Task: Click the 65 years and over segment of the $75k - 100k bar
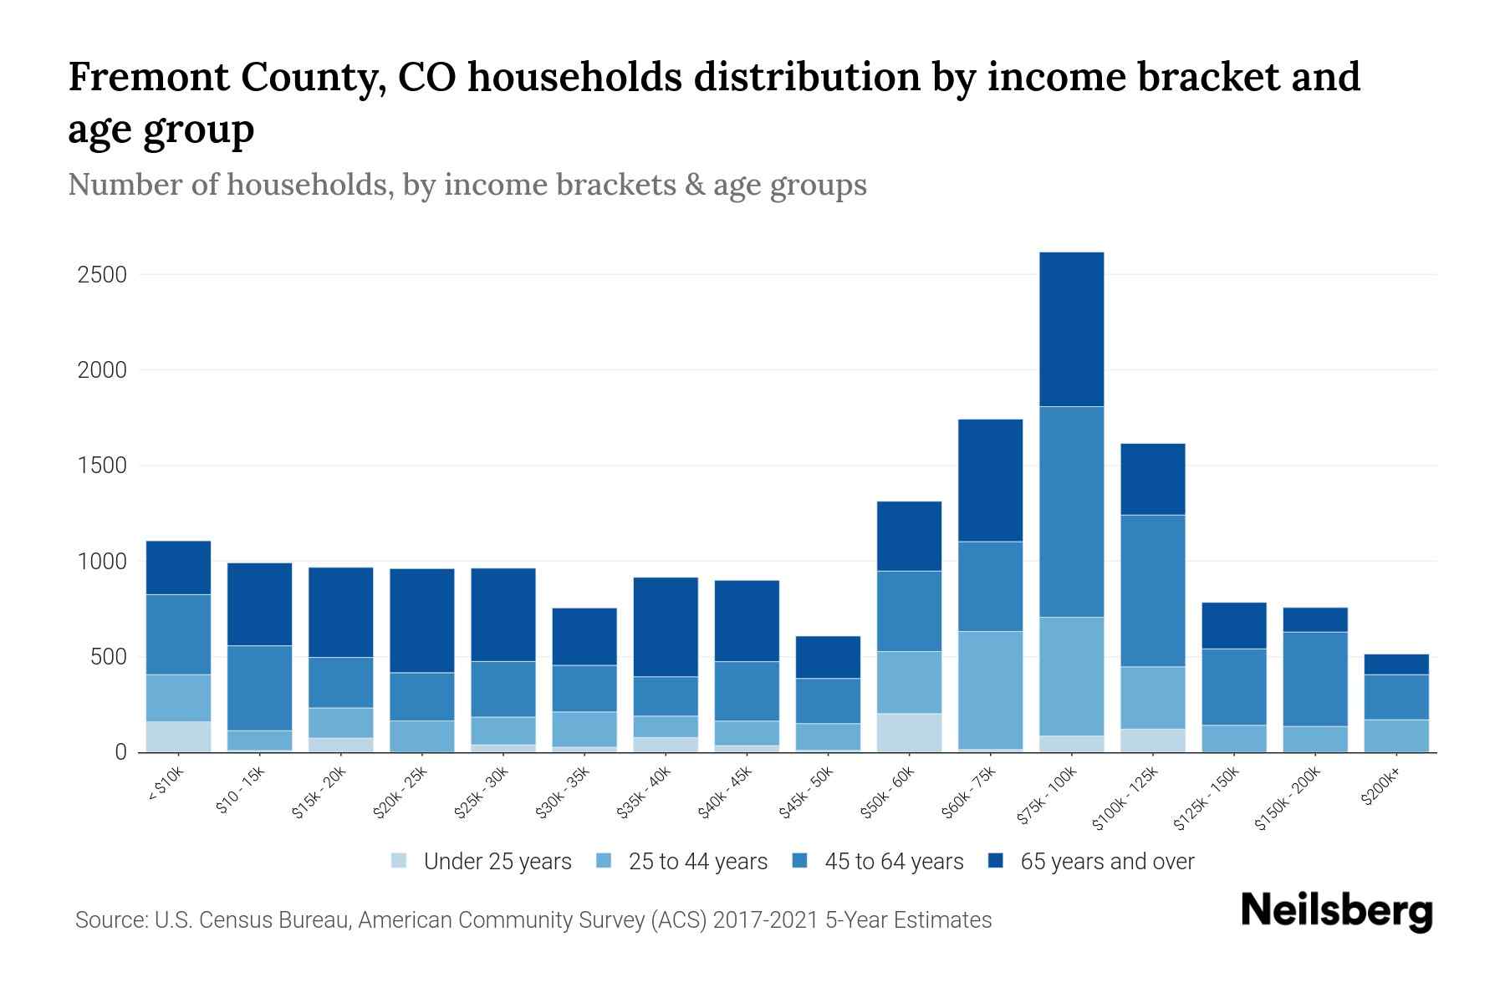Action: click(x=1071, y=329)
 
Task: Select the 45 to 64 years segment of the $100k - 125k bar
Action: click(x=1152, y=590)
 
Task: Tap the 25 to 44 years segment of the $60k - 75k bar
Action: click(x=990, y=690)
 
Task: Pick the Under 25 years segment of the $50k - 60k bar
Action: click(x=909, y=732)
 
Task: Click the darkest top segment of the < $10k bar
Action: click(x=178, y=568)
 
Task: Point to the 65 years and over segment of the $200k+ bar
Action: click(x=1395, y=664)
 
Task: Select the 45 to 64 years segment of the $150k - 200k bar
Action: click(x=1314, y=679)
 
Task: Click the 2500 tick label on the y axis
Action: click(x=102, y=275)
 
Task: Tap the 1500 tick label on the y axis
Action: click(x=102, y=466)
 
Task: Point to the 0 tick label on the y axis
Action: click(x=120, y=752)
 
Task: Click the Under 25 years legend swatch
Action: click(x=400, y=861)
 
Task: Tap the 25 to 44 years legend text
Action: click(x=697, y=862)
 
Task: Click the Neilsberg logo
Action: click(x=1336, y=911)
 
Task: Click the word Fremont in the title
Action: click(x=148, y=77)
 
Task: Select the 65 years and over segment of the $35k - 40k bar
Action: click(x=666, y=627)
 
